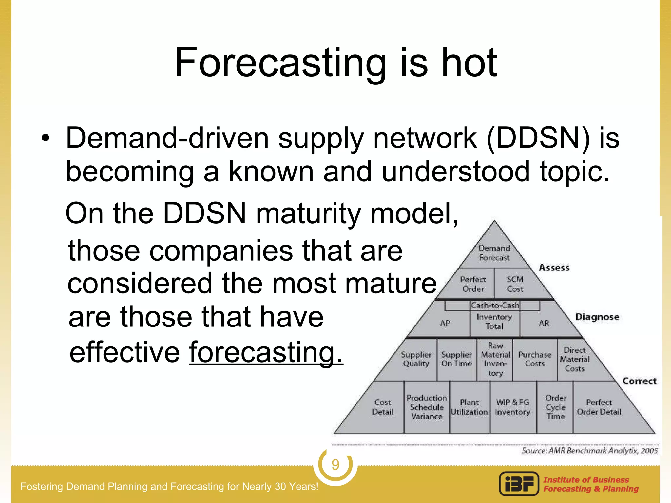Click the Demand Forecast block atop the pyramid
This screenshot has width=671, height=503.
[x=494, y=252]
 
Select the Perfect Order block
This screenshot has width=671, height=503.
[x=473, y=284]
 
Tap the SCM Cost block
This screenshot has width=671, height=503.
[x=515, y=284]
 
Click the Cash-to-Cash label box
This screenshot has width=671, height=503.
[x=495, y=305]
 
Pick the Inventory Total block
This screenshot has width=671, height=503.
[x=494, y=321]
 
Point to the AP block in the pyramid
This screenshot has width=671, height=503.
[x=445, y=323]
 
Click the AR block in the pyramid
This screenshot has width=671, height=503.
[x=544, y=323]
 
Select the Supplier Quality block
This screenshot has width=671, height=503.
[x=416, y=359]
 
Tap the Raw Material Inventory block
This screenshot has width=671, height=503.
[x=495, y=359]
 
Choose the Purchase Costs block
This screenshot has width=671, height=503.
[x=535, y=359]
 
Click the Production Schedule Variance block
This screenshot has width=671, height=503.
[x=427, y=407]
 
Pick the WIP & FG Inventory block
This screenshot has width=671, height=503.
[x=512, y=407]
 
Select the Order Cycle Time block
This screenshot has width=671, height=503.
[x=556, y=407]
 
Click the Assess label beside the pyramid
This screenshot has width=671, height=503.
[x=554, y=268]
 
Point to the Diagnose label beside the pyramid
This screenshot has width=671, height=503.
[x=597, y=317]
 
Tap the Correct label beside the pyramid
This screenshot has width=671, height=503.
[x=639, y=381]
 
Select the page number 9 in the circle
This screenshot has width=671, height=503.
[x=335, y=465]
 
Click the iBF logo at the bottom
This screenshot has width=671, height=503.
[x=519, y=484]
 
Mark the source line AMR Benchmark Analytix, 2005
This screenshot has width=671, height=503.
[x=589, y=451]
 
